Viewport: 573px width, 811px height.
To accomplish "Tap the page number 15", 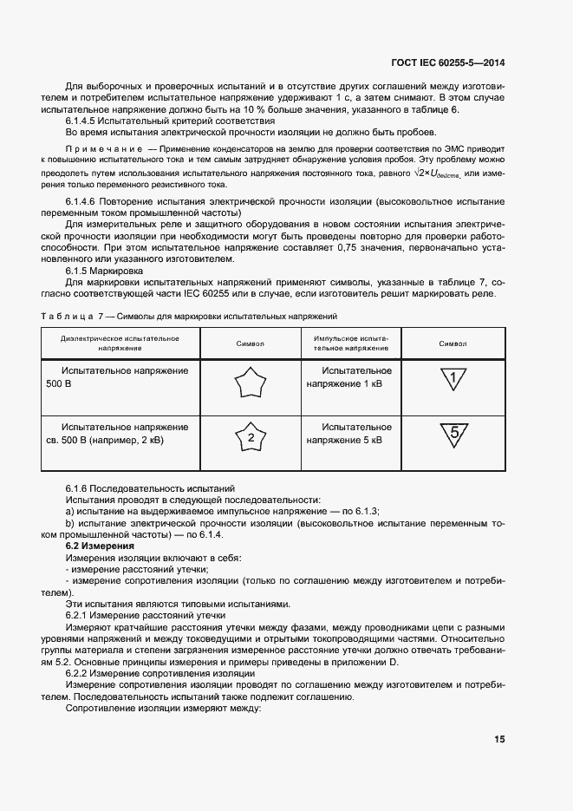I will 499,739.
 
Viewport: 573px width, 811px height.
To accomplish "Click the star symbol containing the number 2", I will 250,438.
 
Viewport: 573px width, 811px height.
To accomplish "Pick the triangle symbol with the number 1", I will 453,378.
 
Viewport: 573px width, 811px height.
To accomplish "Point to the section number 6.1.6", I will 80,489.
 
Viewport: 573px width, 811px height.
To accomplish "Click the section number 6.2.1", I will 80,614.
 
